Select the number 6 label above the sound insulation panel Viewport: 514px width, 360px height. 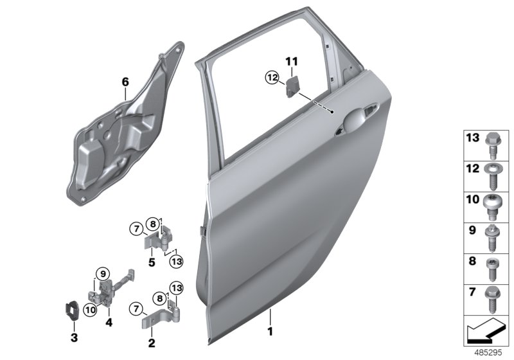tap(125, 82)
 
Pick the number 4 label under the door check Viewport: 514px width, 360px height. tap(109, 321)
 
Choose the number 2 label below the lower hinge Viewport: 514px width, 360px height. tap(152, 343)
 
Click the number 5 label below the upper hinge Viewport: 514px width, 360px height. tap(151, 262)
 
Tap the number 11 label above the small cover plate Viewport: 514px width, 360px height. tap(292, 62)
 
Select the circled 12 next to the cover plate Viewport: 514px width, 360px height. tap(273, 78)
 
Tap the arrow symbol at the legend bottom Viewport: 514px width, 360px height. tap(483, 332)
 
